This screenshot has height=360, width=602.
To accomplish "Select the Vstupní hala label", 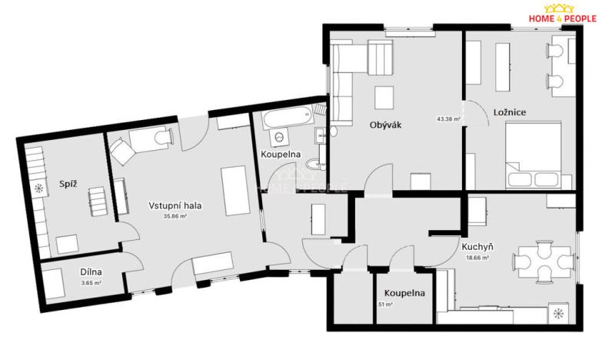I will click(x=175, y=205).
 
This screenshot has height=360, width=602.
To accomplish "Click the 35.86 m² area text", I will click(x=175, y=217).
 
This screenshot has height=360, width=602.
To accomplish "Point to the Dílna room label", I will click(x=91, y=272).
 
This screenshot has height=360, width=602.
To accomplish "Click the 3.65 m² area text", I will click(x=91, y=282).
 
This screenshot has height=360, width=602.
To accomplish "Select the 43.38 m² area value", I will click(x=448, y=119).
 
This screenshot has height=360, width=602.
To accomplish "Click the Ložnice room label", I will click(x=509, y=112).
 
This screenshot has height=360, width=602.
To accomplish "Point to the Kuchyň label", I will click(x=477, y=247).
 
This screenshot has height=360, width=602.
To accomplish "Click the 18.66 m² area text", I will click(x=477, y=258).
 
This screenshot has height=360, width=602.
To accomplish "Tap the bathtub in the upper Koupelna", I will click(x=286, y=119).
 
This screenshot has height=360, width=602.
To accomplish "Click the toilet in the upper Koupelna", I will click(x=313, y=163).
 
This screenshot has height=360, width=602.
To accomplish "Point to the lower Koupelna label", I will click(x=405, y=292).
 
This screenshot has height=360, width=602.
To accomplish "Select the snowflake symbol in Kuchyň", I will click(x=558, y=314).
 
